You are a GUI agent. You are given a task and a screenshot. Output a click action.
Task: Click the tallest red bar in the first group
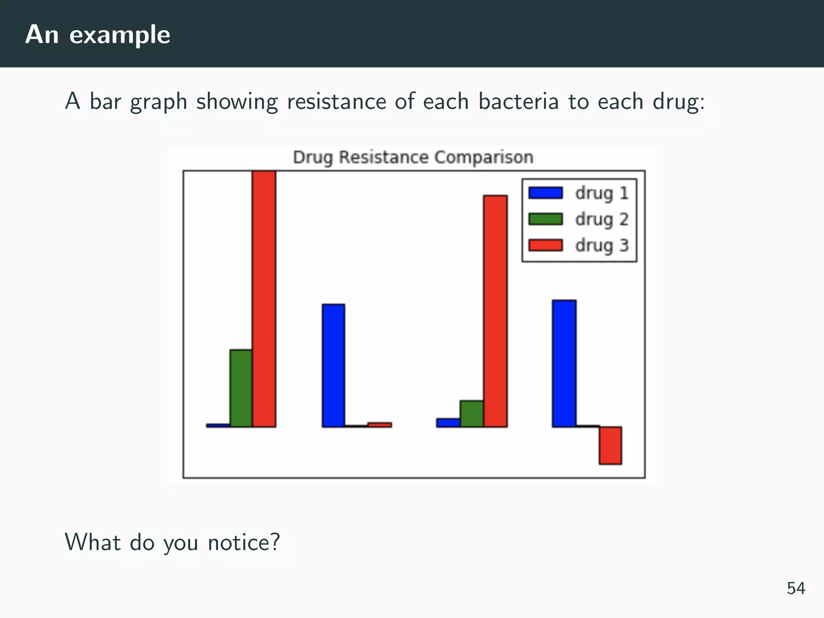click(264, 299)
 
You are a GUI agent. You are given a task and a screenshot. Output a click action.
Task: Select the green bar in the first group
click(241, 388)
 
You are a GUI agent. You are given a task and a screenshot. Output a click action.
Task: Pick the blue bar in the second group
click(333, 365)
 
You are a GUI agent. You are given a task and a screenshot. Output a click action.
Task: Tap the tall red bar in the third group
click(495, 311)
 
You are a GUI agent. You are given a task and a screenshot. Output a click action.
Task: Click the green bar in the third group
click(472, 414)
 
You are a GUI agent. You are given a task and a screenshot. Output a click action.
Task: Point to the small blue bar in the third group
click(448, 422)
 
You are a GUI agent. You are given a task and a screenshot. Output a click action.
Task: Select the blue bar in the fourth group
click(564, 363)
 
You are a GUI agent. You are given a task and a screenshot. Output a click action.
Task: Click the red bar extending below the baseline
click(610, 445)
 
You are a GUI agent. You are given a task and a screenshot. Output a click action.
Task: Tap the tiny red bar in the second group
click(379, 425)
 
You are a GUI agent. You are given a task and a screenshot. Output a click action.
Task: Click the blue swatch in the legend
click(545, 193)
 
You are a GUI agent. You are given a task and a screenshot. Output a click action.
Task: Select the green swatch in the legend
click(545, 219)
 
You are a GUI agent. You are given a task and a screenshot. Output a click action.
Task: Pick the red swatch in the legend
click(545, 245)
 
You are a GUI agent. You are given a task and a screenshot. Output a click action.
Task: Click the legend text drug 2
click(602, 220)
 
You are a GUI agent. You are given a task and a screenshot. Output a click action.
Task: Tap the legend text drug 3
click(602, 245)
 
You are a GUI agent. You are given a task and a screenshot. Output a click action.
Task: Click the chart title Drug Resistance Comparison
click(413, 157)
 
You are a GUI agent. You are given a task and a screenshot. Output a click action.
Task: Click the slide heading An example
click(98, 35)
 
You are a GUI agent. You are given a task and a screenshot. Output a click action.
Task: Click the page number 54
click(796, 588)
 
